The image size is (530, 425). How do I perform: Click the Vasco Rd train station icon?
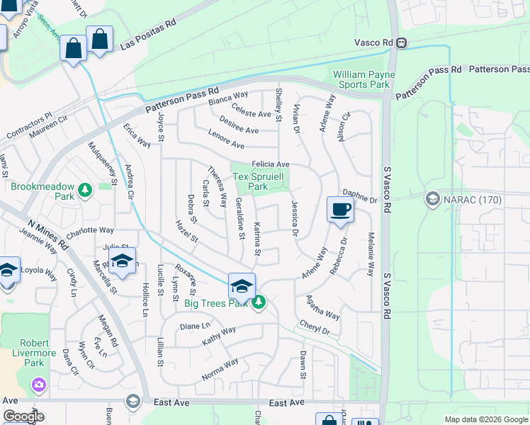tap(401, 42)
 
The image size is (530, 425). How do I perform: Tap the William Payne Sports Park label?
tap(361, 79)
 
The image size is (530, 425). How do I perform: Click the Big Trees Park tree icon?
tap(259, 302)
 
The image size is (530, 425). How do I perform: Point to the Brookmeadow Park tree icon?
tap(85, 190)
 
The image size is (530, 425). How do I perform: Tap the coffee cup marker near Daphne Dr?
tap(340, 210)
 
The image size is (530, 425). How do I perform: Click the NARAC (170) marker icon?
tap(432, 199)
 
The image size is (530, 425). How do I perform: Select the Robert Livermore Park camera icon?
tap(38, 385)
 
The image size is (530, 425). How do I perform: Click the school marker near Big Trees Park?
tap(242, 286)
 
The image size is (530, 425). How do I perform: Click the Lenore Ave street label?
tap(226, 139)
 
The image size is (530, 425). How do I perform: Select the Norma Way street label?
tap(220, 370)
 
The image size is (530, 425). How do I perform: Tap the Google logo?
tap(23, 416)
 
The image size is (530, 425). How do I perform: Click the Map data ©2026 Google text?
tap(485, 419)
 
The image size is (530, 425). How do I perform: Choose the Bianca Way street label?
tap(227, 98)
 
